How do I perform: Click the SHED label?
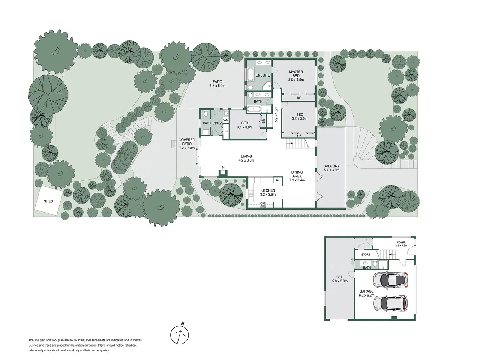[x=48, y=201]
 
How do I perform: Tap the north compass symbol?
[x=179, y=334]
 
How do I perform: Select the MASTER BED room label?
[x=296, y=73]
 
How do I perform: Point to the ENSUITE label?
[x=263, y=75]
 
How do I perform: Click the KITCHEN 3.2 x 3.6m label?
[x=268, y=193]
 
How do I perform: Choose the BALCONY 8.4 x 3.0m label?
[x=331, y=168]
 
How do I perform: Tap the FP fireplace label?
[x=223, y=168]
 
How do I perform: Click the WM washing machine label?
[x=226, y=120]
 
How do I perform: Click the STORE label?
[x=366, y=254]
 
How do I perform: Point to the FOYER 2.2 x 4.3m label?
[x=401, y=244]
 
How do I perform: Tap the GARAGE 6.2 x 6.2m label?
[x=366, y=293]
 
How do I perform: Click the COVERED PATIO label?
[x=187, y=142]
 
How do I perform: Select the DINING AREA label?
[x=297, y=174]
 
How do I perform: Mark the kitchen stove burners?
[x=262, y=205]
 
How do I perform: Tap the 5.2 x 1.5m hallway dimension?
[x=276, y=114]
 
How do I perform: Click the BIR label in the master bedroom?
[x=299, y=98]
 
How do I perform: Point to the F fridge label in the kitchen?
[x=278, y=180]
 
